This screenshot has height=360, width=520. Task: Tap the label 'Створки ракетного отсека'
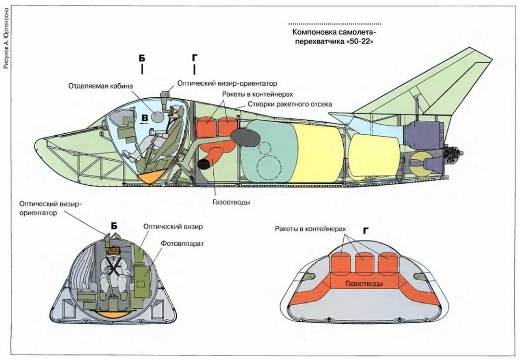[x=290, y=104]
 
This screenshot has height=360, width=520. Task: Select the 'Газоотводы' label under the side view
[x=230, y=202]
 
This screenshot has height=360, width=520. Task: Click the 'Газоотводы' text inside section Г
[x=364, y=283]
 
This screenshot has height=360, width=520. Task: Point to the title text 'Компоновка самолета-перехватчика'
[x=335, y=36]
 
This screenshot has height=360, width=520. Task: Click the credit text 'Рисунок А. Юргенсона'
[x=7, y=37]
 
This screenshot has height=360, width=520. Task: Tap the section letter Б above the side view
[x=142, y=58]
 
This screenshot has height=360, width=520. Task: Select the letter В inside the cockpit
[x=144, y=118]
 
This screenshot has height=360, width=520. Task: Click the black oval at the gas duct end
[x=204, y=163]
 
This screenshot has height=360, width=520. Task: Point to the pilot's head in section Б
[x=114, y=251]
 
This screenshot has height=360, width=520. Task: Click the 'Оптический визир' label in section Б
[x=173, y=226]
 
